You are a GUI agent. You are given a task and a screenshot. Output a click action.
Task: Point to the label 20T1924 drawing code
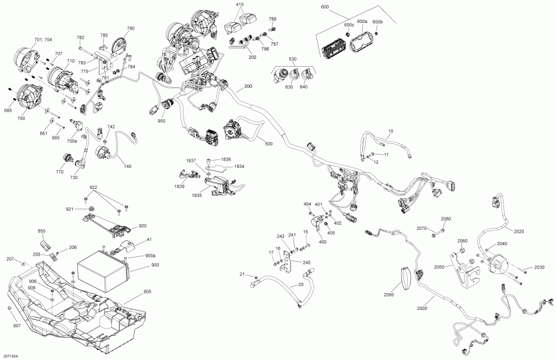[x=11, y=356]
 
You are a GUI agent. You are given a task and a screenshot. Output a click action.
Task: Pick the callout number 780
[x=130, y=28]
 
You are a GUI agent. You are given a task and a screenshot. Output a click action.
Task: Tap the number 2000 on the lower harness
[x=423, y=308]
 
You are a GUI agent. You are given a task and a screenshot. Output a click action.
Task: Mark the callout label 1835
[x=196, y=195]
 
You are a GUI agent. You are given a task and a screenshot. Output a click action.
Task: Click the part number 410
[x=240, y=4]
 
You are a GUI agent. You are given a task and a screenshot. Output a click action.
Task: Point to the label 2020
[x=518, y=232]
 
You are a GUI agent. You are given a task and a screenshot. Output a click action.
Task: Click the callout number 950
[x=161, y=121]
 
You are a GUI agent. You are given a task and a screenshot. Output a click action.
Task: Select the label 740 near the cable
[x=127, y=166]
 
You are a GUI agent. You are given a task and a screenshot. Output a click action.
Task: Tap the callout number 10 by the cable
[x=390, y=132]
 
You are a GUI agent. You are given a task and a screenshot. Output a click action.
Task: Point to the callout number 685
[x=8, y=111]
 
